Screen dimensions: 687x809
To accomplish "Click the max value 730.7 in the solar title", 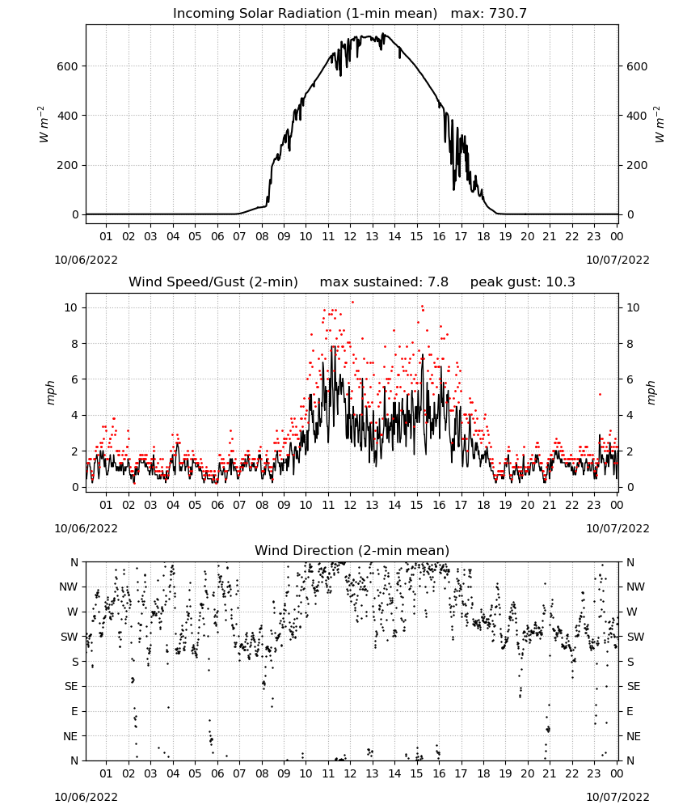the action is pos(508,14).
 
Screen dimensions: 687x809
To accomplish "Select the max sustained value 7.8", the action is pos(438,282).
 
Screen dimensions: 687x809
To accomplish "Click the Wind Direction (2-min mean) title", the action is pos(352,550).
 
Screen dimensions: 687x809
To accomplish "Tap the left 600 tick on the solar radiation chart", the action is pos(68,66).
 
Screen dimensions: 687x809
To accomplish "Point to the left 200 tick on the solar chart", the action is pos(68,166).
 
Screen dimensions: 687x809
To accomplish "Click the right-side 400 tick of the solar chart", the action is pos(637,116).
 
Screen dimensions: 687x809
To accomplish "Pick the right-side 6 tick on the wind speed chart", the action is pos(630,379).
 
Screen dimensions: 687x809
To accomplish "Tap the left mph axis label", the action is pos(50,392).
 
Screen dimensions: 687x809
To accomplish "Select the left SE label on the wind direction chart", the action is pos(72,687).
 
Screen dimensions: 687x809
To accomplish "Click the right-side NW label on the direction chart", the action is pos(635,587).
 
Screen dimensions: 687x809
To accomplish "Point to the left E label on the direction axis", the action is pos(74,711).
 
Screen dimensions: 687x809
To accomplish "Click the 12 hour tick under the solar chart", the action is pos(351,237).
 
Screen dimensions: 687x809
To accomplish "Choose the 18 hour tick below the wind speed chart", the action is pos(483,505).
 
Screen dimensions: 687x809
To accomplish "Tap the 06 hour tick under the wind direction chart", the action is pos(217,773).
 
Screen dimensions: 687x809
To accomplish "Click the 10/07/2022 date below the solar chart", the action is pos(617,260).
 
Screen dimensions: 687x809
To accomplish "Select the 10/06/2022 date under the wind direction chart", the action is pos(86,797).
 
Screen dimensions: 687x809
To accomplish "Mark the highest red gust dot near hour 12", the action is pos(352,303).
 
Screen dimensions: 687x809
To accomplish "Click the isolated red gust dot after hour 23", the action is pos(600,394).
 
